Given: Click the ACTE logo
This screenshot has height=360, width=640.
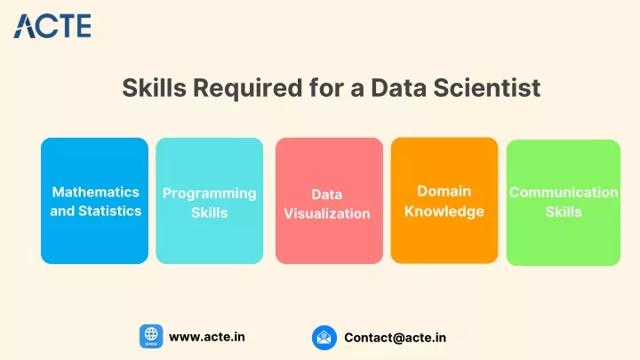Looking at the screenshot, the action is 52,26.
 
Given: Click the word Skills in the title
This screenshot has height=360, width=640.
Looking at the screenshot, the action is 155,87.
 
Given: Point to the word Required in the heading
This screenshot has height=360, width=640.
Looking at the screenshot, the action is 248,89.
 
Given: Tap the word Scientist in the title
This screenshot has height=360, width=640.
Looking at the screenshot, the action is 487,87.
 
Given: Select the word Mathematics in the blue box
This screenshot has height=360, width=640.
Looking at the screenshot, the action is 95,192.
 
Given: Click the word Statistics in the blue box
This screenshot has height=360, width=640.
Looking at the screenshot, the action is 110,211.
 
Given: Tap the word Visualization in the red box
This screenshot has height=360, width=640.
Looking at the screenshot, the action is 327,213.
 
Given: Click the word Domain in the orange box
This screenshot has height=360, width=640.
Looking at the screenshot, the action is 444,191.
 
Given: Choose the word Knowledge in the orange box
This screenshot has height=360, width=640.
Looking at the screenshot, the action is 444,212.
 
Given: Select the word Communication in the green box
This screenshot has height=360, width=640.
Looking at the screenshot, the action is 564,192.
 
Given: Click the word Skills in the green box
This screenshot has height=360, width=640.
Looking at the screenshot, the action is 564,212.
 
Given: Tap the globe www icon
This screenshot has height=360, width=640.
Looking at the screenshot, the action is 151,336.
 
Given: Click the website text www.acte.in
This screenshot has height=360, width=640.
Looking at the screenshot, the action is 207,337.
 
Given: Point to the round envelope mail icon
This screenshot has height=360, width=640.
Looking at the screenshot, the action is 324,338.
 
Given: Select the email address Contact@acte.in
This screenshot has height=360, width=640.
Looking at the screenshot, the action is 395,338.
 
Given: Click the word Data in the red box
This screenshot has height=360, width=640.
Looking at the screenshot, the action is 327,195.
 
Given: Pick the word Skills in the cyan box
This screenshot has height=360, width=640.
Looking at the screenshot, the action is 210,212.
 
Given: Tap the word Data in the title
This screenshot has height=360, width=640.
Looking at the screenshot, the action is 399,87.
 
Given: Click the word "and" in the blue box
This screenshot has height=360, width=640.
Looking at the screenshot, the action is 62,211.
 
